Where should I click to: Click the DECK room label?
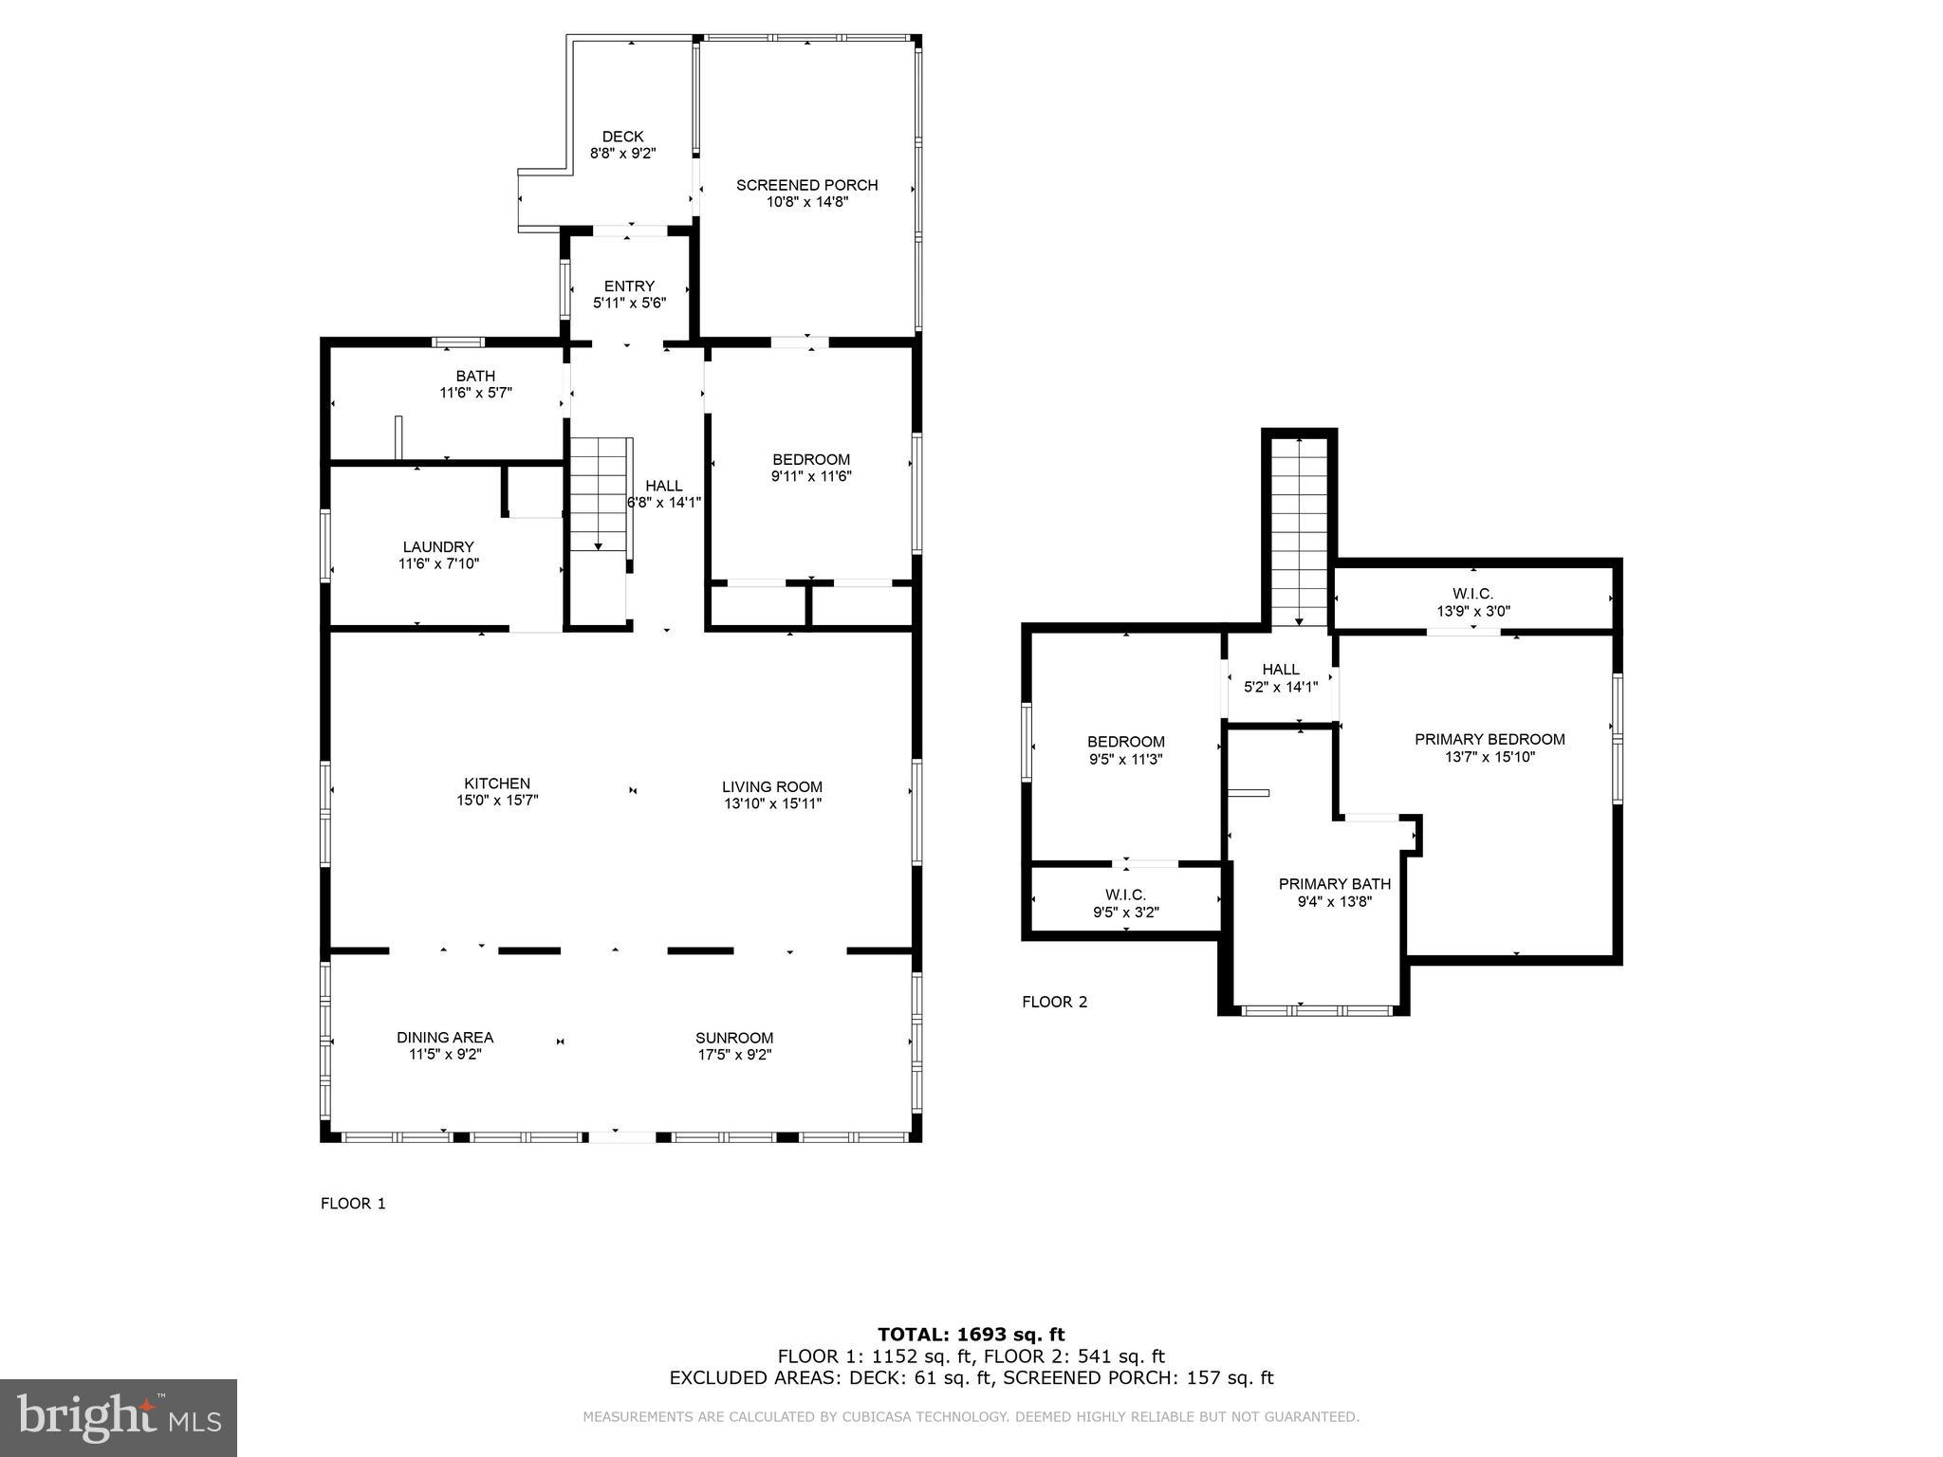[x=622, y=137]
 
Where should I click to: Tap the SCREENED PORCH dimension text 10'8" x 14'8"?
[x=806, y=202]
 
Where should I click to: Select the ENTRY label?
[x=629, y=286]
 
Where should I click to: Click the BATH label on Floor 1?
[x=475, y=377]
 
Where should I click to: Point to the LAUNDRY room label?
[x=437, y=547]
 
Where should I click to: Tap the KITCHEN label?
[x=497, y=784]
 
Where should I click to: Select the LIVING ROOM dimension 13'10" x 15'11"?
[x=771, y=803]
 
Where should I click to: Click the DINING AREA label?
[x=445, y=1038]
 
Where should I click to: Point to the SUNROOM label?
[x=734, y=1038]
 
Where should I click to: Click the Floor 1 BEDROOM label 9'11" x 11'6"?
[x=810, y=460]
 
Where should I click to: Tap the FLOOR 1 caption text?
[x=353, y=1204]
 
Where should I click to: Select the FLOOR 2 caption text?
[x=1054, y=1002]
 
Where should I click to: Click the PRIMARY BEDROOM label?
[x=1490, y=740]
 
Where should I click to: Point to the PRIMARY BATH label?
[x=1334, y=884]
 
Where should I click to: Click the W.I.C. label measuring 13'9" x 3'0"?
[x=1472, y=594]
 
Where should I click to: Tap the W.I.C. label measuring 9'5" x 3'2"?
[x=1125, y=894]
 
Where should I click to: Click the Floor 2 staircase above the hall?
[x=1299, y=531]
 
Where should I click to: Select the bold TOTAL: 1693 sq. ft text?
[x=971, y=1335]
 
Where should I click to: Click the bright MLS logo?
[x=119, y=1418]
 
